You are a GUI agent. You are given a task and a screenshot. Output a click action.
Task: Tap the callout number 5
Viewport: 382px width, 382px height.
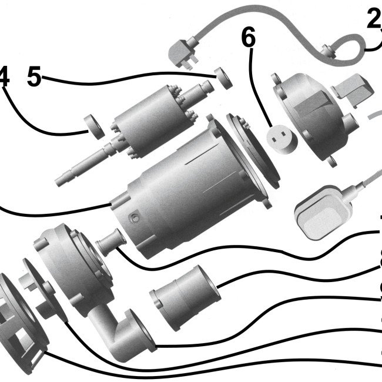[35, 76]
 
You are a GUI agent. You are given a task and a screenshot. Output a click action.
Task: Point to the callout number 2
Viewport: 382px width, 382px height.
[373, 19]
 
